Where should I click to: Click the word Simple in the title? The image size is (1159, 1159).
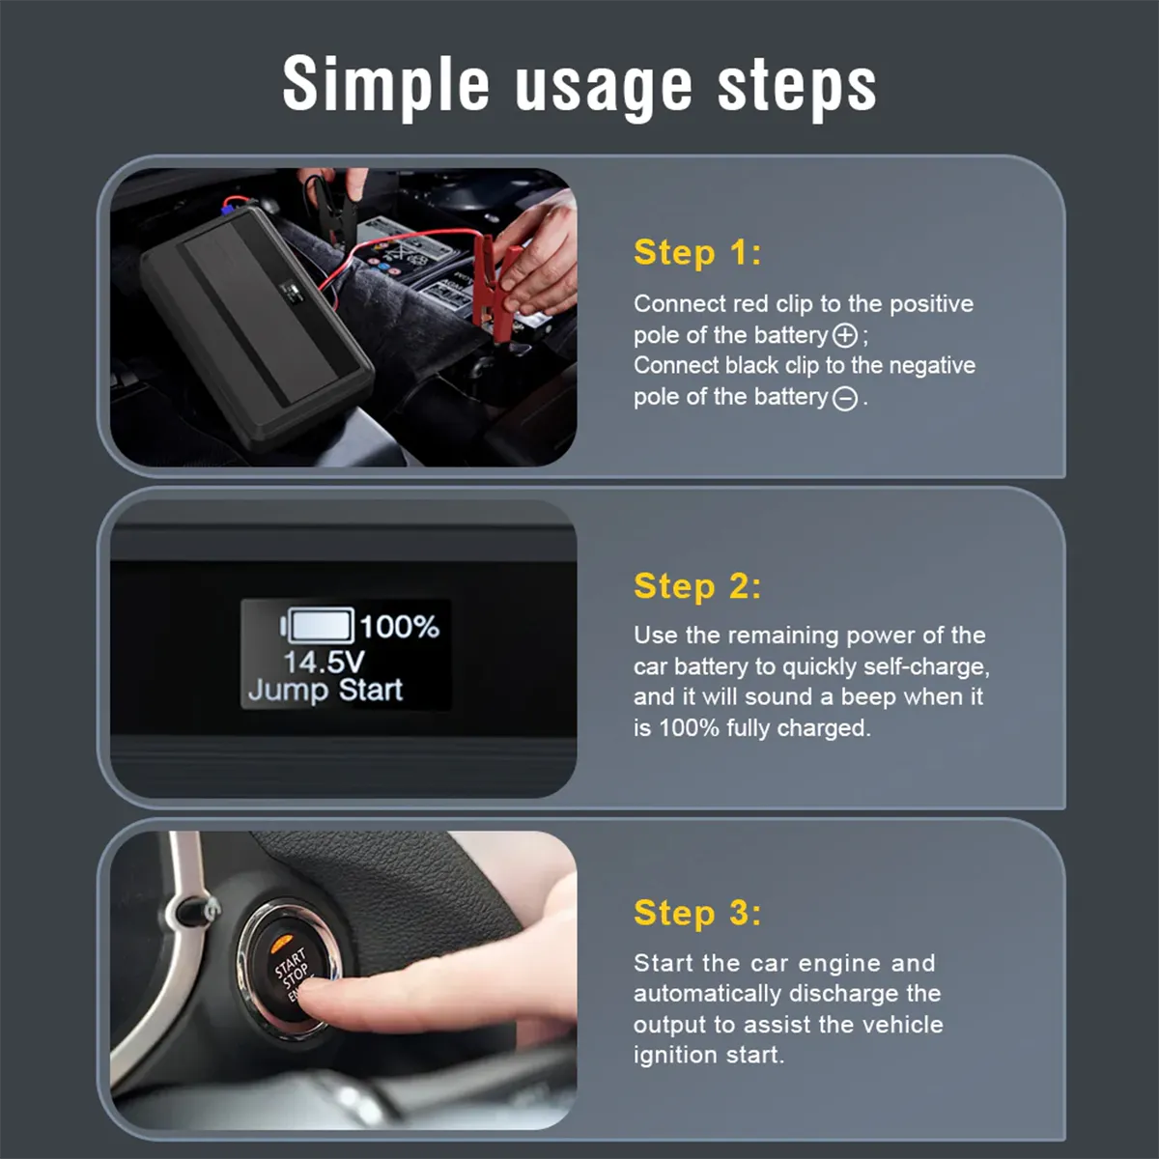point(386,85)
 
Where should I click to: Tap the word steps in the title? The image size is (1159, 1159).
point(797,85)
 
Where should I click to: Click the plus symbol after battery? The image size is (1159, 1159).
point(845,335)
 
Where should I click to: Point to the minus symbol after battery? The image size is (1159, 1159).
point(845,398)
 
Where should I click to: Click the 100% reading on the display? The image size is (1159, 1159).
point(399,627)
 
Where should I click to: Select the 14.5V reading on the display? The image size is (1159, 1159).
point(324,662)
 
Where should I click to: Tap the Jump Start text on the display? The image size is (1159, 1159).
point(325,690)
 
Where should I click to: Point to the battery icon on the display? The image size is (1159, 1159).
point(319,626)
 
